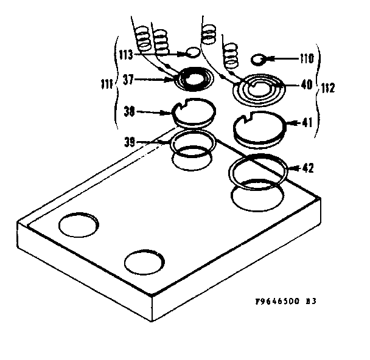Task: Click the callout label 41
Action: coord(307,122)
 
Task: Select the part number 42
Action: coord(308,167)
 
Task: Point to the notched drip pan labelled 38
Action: coord(195,112)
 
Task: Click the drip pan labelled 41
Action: coord(260,129)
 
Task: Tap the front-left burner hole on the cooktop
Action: coord(79,224)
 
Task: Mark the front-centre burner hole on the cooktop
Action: coord(144,261)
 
